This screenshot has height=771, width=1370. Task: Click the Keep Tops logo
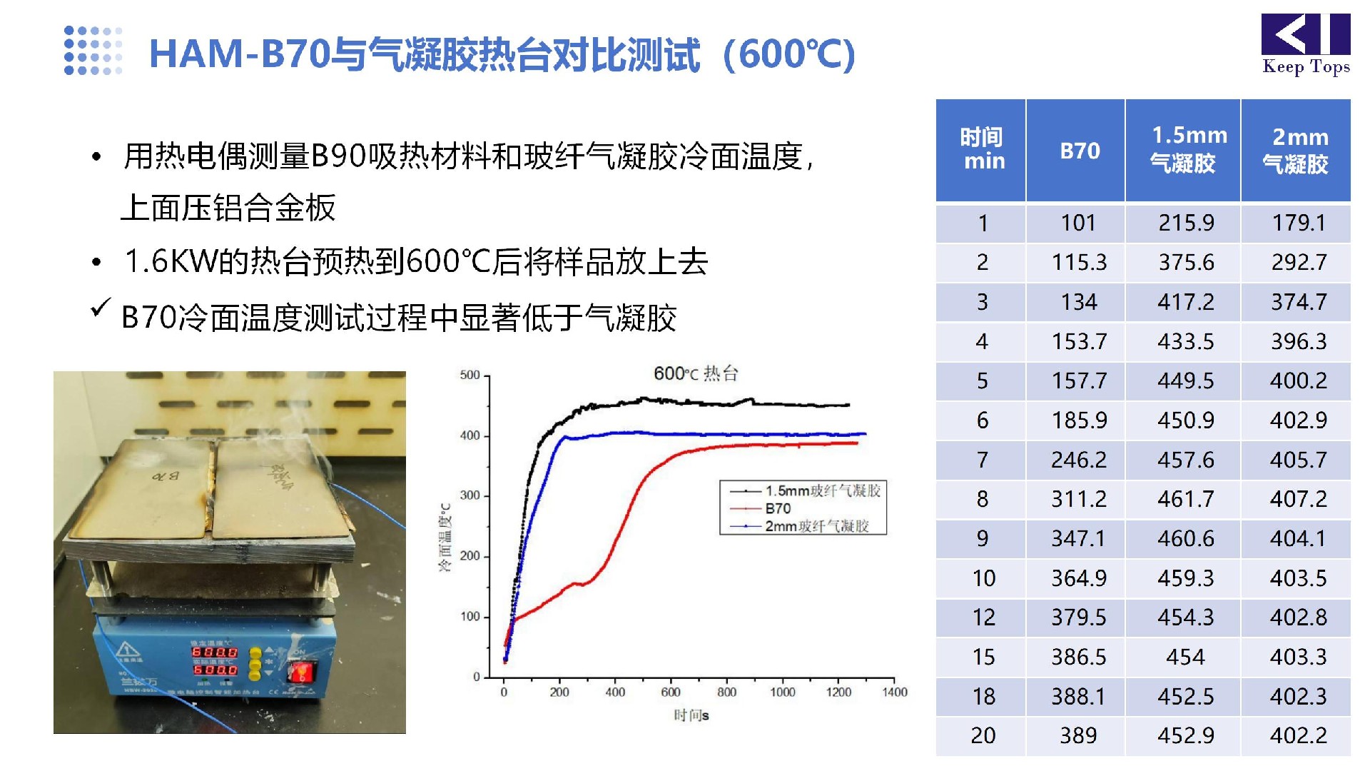[x=1305, y=44]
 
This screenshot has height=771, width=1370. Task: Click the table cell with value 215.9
[x=1185, y=223]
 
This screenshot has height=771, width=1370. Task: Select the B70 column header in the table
[x=1079, y=151]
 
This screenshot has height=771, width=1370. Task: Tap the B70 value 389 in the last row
[x=1077, y=735]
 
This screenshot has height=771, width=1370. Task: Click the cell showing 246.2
[x=1078, y=460]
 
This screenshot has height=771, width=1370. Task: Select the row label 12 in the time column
[x=983, y=618]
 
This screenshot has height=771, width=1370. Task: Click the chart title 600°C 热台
[x=695, y=373]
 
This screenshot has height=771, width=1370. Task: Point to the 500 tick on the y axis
[x=470, y=375]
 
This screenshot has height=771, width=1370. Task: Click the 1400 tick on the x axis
[x=894, y=692]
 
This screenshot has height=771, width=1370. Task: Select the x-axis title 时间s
[x=691, y=715]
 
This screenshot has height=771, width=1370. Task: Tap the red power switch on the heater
[x=300, y=672]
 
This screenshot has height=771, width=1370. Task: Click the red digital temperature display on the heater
[x=215, y=660]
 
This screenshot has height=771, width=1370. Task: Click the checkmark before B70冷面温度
[x=100, y=308]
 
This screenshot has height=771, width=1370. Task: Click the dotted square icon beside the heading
[x=93, y=50]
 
